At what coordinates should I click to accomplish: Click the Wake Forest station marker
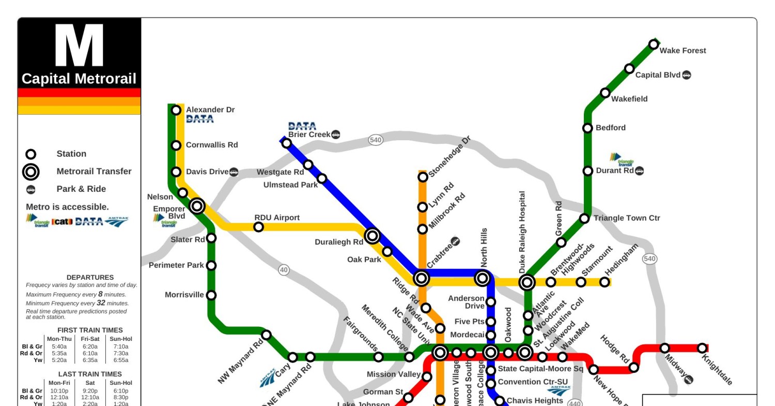point(654,44)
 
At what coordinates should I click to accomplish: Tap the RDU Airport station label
point(277,218)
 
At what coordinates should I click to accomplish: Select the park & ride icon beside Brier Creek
point(336,134)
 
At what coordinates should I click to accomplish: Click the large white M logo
point(79,46)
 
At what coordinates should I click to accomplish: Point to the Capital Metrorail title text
point(79,79)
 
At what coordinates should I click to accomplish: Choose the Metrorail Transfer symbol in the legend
point(31,172)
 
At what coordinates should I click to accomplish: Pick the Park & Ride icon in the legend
point(31,189)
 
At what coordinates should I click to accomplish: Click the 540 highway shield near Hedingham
point(649,259)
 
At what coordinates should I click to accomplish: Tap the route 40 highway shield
point(284,269)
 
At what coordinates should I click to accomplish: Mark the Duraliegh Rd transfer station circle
point(372,236)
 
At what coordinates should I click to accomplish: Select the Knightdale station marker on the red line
point(702,348)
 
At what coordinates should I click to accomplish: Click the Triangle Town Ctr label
point(627,218)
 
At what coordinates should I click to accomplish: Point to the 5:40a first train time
point(59,347)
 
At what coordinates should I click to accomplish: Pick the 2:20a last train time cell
point(90,403)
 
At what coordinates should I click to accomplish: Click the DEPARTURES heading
point(90,278)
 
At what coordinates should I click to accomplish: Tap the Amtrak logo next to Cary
point(268,378)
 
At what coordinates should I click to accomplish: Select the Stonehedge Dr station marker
point(423,177)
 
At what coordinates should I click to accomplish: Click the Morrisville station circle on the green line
point(211,295)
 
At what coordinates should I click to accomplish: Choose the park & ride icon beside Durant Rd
point(640,171)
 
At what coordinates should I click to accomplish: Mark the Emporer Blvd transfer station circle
point(197,206)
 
